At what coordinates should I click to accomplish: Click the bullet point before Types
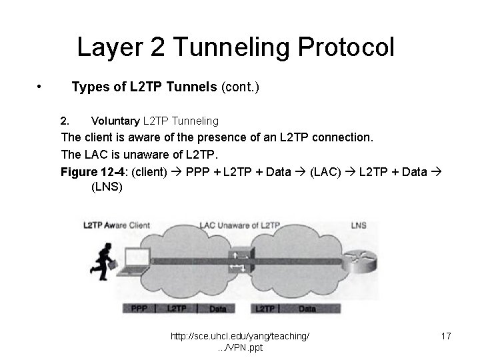41,87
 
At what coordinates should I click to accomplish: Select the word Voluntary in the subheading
115,121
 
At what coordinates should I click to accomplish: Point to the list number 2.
65,121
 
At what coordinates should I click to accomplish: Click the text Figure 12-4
94,171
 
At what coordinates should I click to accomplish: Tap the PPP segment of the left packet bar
139,309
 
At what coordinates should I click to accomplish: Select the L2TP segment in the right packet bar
265,309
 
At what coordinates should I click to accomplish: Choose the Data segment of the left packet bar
218,309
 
